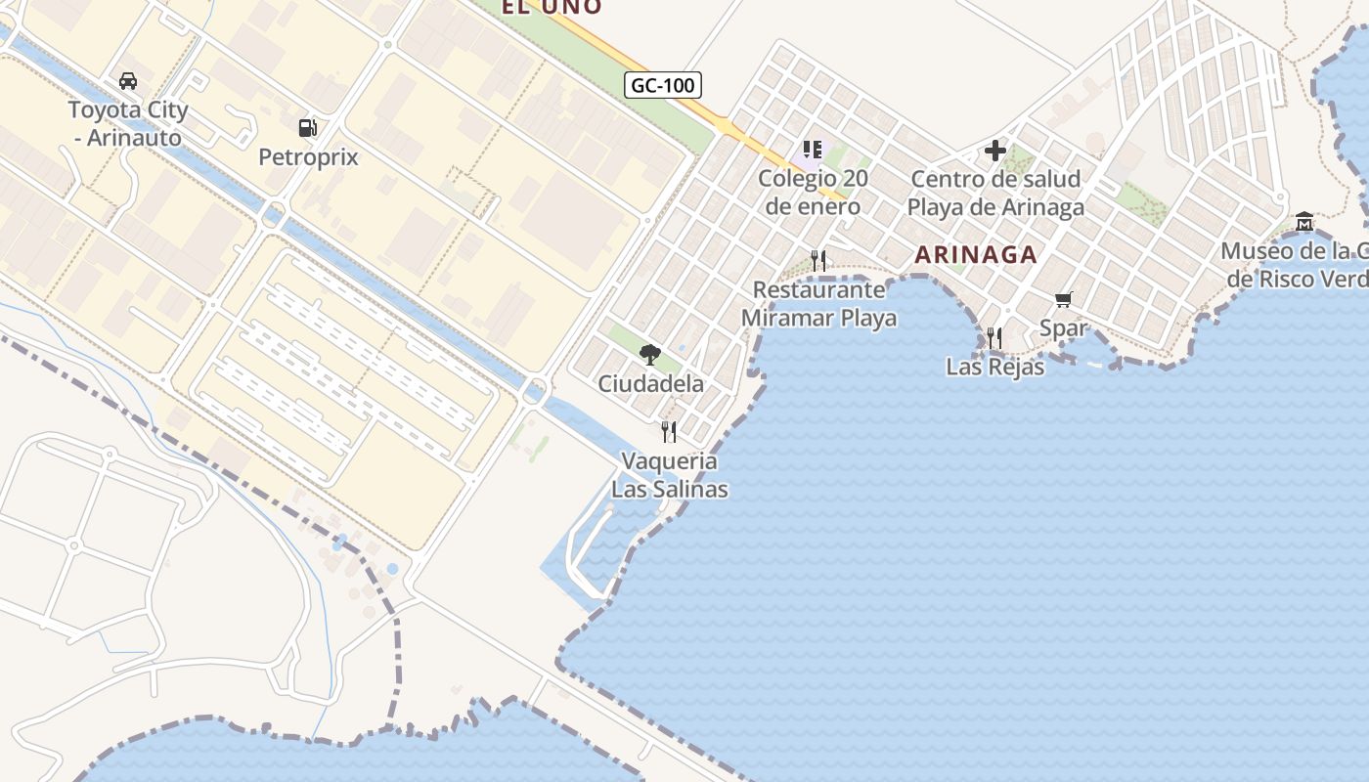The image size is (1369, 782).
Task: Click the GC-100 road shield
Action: point(663,85)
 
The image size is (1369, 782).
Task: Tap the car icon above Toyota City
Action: point(127,81)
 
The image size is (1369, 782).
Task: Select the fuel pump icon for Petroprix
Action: point(307,127)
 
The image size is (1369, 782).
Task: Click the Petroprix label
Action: point(308,157)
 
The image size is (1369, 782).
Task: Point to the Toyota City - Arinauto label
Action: point(127,124)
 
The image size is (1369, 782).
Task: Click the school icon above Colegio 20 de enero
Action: point(812,150)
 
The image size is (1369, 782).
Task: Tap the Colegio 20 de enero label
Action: point(813,193)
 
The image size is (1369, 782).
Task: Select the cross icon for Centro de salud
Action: point(995,151)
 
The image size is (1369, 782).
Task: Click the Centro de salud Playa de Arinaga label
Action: point(995,194)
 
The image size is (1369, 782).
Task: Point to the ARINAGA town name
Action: point(975,255)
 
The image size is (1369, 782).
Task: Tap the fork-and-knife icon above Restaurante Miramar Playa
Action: point(818,260)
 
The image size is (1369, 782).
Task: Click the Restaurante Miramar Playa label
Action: point(818,304)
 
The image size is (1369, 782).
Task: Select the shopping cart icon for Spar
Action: point(1063,299)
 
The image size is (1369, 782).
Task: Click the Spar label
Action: point(1063,328)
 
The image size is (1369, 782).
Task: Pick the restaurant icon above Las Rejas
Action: point(994,338)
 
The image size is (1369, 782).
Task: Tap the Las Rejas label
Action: point(994,368)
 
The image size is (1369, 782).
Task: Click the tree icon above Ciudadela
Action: point(650,354)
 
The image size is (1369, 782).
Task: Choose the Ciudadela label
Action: point(650,384)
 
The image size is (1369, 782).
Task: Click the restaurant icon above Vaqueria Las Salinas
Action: point(669,431)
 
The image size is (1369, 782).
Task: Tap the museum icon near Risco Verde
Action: point(1304,222)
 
